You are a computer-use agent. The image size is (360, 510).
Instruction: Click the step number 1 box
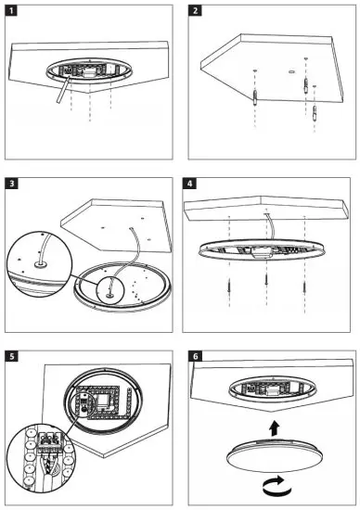point(11,11)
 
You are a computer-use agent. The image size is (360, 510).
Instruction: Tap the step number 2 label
point(195,11)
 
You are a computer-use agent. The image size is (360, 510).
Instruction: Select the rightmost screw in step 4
point(304,287)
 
